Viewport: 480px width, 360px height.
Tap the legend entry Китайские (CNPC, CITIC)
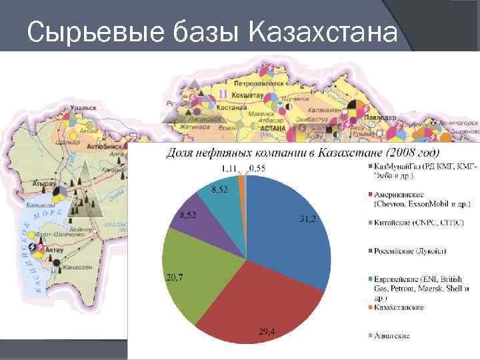[x=419, y=221]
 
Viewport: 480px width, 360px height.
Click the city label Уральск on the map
[x=86, y=106]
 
